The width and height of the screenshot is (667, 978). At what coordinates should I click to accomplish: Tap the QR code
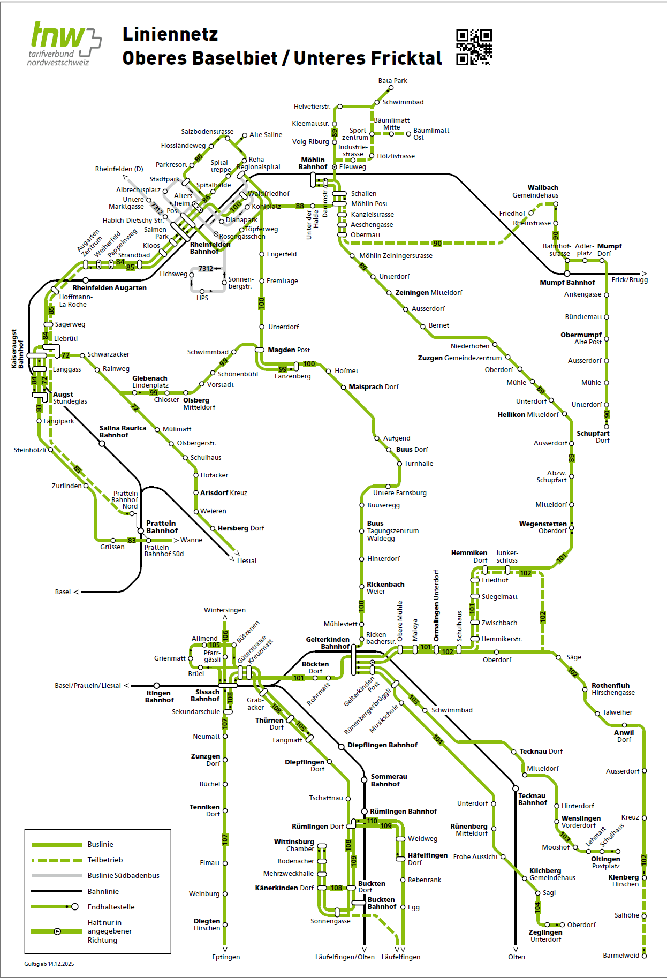pos(474,47)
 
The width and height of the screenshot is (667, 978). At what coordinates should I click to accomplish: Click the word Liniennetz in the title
pos(170,34)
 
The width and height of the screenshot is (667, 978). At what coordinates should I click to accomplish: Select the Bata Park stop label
pos(392,81)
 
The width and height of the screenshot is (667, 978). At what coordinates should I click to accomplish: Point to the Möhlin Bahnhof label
pos(313,163)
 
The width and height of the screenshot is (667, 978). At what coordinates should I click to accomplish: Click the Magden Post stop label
pos(289,350)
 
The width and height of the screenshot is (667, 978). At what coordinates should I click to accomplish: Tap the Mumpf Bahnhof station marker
pos(567,274)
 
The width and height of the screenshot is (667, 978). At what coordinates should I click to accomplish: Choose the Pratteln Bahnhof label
pos(162,527)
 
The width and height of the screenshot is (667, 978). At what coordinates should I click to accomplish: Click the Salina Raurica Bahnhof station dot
pos(102,443)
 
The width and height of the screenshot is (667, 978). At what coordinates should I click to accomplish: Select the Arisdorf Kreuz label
pos(223,493)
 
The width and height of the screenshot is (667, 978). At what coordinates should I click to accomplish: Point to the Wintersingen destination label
pos(225,610)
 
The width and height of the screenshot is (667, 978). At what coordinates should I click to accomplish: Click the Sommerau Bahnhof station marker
pos(365,778)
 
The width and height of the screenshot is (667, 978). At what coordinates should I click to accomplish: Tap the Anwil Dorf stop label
pos(624,736)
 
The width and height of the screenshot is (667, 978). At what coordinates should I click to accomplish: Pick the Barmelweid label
pos(621,956)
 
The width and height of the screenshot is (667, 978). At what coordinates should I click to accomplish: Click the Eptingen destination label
pos(226,957)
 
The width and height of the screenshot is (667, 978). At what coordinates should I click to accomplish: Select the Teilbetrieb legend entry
pos(105,860)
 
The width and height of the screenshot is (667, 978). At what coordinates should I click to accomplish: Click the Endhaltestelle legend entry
pos(111,907)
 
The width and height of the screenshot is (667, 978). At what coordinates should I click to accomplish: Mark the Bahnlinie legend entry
pos(103,891)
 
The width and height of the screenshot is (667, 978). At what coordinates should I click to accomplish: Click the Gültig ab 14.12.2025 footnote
pos(49,964)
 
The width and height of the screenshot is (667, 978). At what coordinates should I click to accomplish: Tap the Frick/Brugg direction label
pos(630,280)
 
